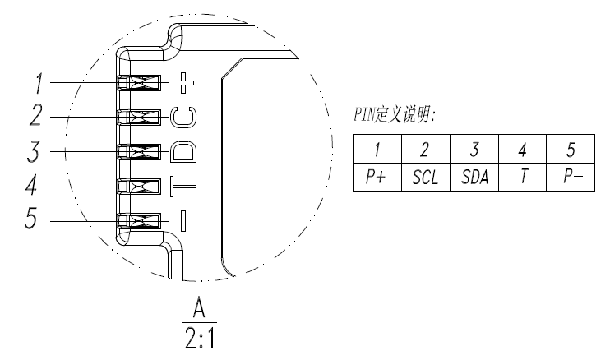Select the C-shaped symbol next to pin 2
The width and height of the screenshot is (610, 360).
point(183,118)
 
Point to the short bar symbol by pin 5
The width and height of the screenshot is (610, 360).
point(183,220)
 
